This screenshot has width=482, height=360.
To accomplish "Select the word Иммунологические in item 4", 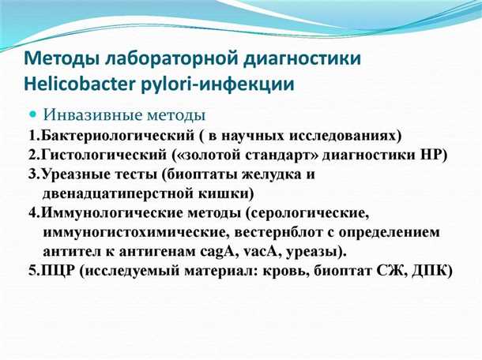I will point(104,214).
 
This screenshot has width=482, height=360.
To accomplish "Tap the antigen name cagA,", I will point(209,253).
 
